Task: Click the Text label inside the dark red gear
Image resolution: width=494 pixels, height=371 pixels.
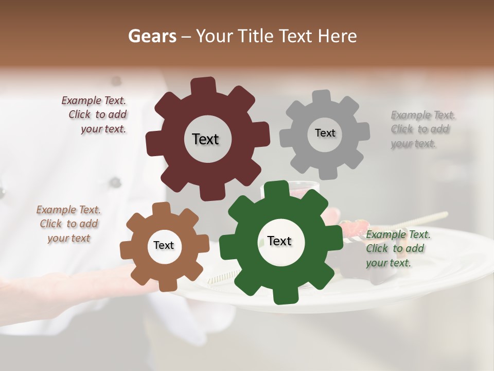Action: coord(205,139)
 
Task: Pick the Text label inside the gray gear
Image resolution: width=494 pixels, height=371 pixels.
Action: coord(325,133)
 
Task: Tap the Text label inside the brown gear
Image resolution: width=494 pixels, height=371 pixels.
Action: coord(164,245)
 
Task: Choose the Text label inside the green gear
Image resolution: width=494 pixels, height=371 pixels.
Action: coord(279,241)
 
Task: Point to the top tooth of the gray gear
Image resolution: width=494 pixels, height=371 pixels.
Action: coord(322,96)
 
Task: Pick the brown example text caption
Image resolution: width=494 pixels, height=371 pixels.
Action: coord(68,224)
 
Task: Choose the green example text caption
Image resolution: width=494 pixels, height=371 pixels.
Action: coord(397,249)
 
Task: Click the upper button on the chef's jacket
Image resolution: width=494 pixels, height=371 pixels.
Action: coord(116,81)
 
